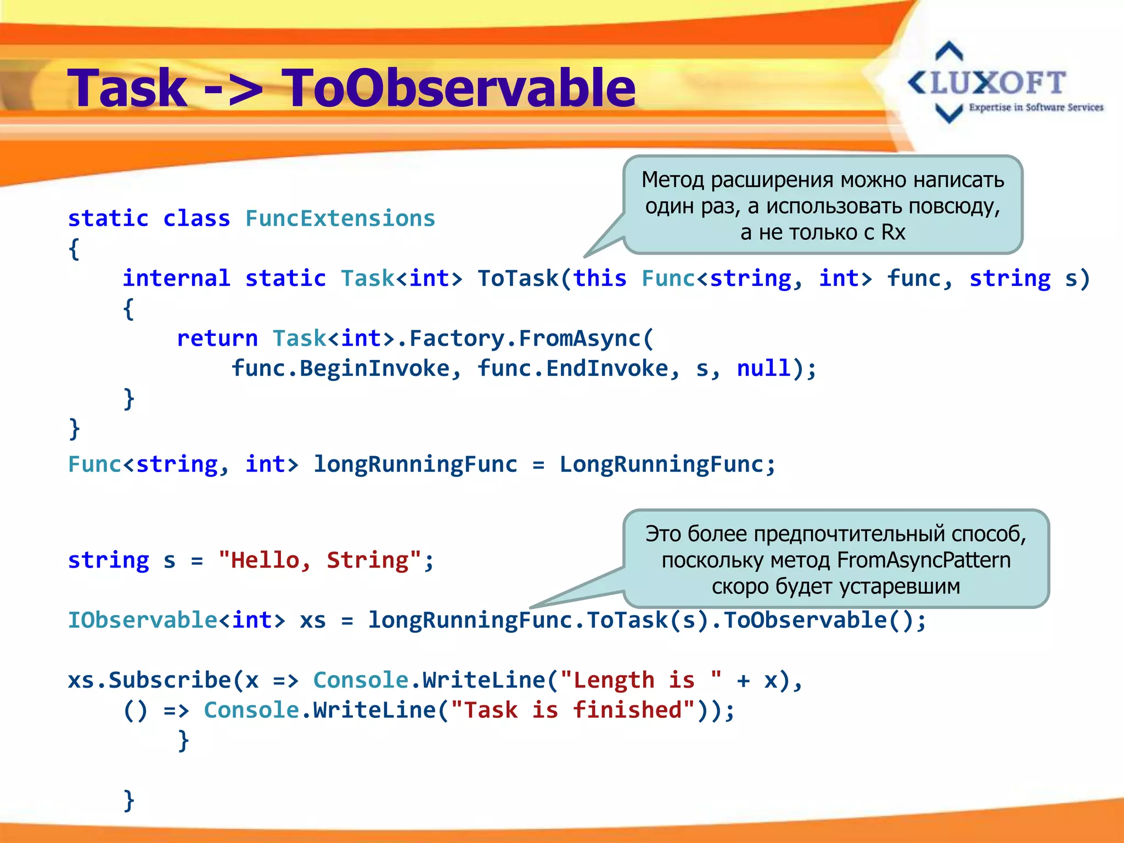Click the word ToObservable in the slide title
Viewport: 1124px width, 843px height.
coord(458,88)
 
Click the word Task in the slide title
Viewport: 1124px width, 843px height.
coord(127,88)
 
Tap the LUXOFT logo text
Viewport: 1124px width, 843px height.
coord(998,83)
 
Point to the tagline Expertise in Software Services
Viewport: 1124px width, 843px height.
coord(1036,108)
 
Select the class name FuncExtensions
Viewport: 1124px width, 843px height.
coord(340,218)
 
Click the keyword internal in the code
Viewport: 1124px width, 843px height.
coord(176,278)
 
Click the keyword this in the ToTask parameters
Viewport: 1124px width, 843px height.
coord(600,278)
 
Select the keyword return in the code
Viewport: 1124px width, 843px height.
coord(217,338)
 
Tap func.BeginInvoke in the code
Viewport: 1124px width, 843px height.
coord(340,368)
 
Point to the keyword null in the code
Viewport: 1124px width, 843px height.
coord(763,368)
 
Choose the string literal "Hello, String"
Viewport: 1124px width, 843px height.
coord(319,560)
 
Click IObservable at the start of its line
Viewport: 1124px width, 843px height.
coord(143,620)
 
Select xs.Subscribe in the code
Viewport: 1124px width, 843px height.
coord(149,681)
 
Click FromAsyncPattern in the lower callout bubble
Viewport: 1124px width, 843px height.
coord(924,560)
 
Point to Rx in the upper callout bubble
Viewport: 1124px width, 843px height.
coord(893,232)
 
